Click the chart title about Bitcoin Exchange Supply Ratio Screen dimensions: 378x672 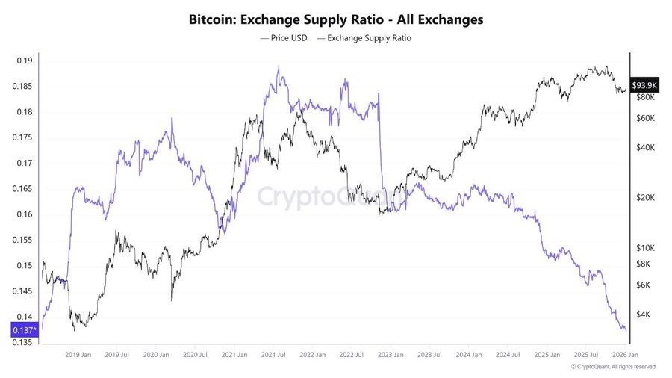coord(336,19)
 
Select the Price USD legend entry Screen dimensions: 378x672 coord(285,37)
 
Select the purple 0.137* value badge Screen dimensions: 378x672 coord(23,329)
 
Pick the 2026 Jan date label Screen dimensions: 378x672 coord(623,355)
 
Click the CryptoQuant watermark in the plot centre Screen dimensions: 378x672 coord(333,197)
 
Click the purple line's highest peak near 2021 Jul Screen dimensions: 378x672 coord(279,66)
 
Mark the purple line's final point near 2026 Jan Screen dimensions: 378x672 coord(626,329)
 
